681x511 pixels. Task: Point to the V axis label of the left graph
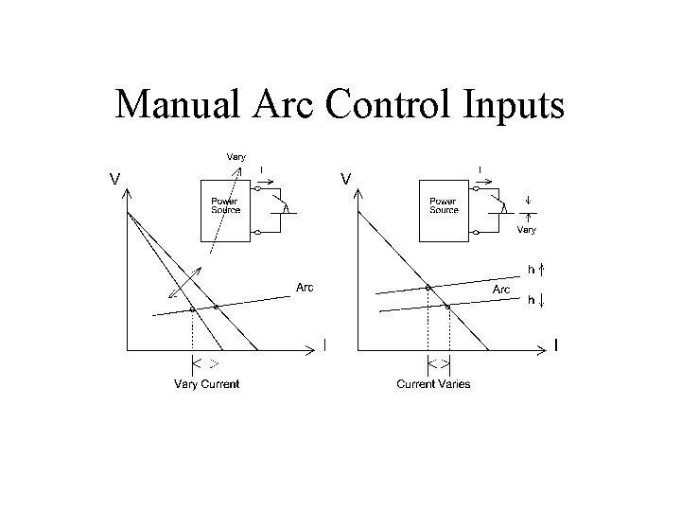[113, 177]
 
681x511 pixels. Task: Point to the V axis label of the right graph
[347, 177]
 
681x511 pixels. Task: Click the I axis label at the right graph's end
[555, 346]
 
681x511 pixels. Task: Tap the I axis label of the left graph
[324, 346]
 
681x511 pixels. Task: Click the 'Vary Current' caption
[206, 383]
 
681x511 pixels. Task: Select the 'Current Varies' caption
[433, 383]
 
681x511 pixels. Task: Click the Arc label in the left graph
[305, 288]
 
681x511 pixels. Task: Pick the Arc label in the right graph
[501, 289]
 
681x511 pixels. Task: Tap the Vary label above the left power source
[235, 156]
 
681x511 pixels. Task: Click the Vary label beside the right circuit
[527, 229]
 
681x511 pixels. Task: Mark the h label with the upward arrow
[532, 270]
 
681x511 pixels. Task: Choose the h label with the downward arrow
[532, 300]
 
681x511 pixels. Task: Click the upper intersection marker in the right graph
[428, 287]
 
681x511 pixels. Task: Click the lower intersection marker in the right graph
[448, 306]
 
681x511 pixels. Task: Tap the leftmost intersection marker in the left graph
[192, 309]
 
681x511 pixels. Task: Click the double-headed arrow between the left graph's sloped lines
[185, 284]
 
